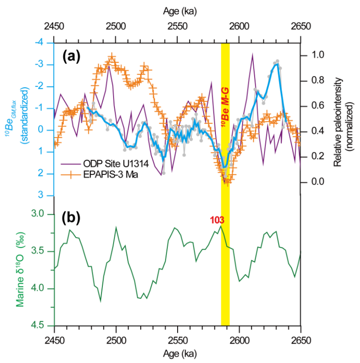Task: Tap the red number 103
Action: tap(216, 221)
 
